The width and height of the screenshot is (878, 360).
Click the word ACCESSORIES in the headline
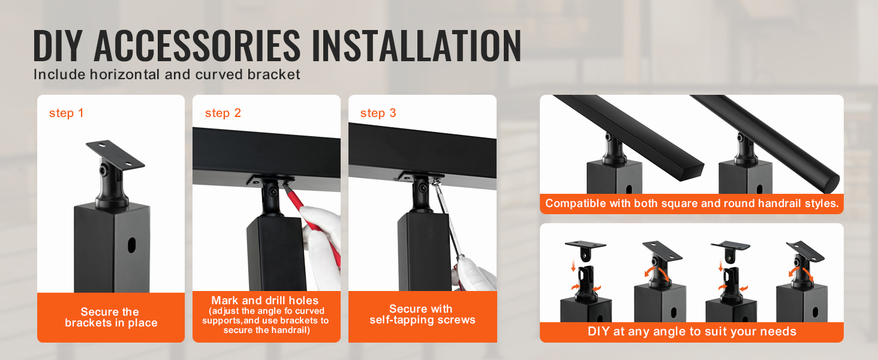point(197,46)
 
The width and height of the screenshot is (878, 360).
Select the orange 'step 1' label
point(66,113)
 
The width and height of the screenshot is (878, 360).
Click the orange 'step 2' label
point(222,113)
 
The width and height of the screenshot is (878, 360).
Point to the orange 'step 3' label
point(378,113)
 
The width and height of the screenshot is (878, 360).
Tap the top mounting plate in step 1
point(115,155)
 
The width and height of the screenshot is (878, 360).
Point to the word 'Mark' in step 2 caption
point(225,301)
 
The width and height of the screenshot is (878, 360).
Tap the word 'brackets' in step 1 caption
point(88,323)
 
